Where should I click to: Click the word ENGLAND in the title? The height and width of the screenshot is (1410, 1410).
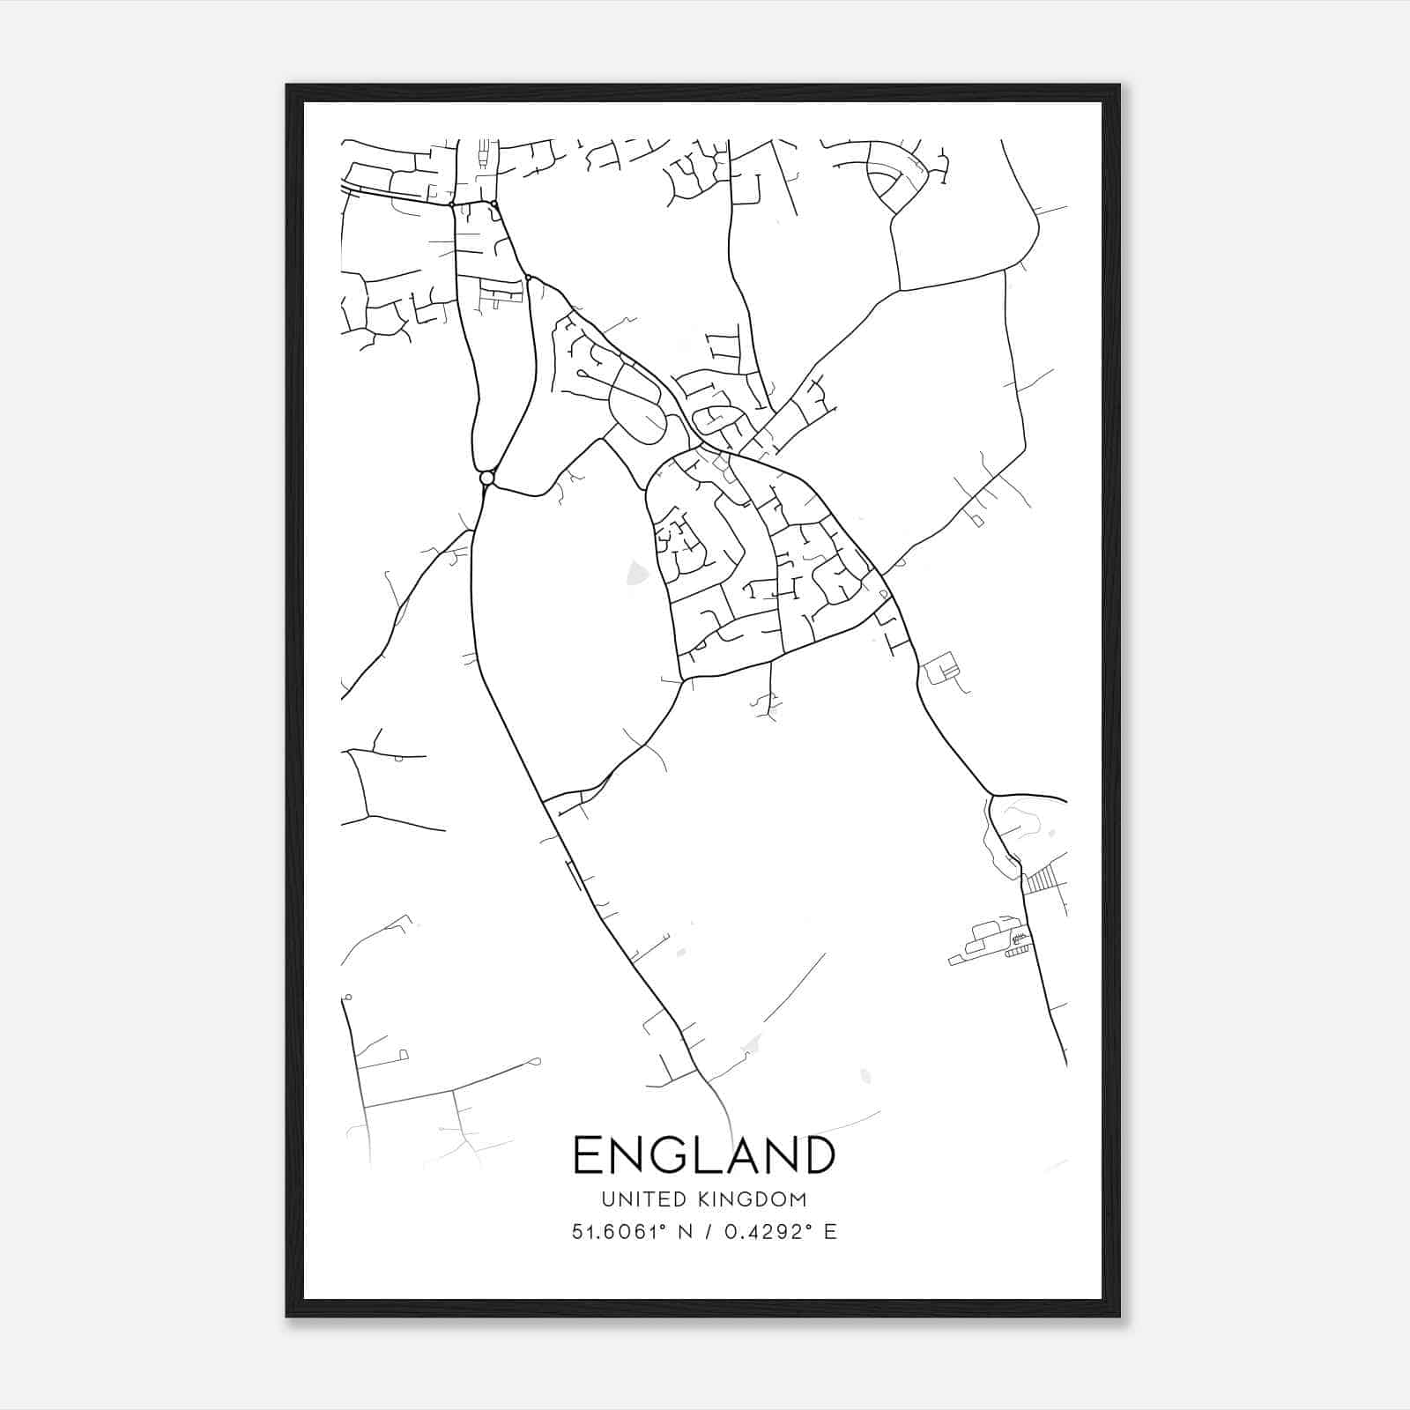tap(704, 1154)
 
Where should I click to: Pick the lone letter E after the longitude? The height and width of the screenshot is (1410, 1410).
tap(830, 1232)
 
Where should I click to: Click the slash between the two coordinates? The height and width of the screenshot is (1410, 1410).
tap(706, 1232)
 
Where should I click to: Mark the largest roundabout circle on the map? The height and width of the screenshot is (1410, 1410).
tap(486, 478)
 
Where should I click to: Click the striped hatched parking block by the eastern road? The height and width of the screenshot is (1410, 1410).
tap(1042, 879)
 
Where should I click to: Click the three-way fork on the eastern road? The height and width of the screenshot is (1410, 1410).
tap(992, 794)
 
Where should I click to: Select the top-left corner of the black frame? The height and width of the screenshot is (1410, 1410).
tap(287, 85)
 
